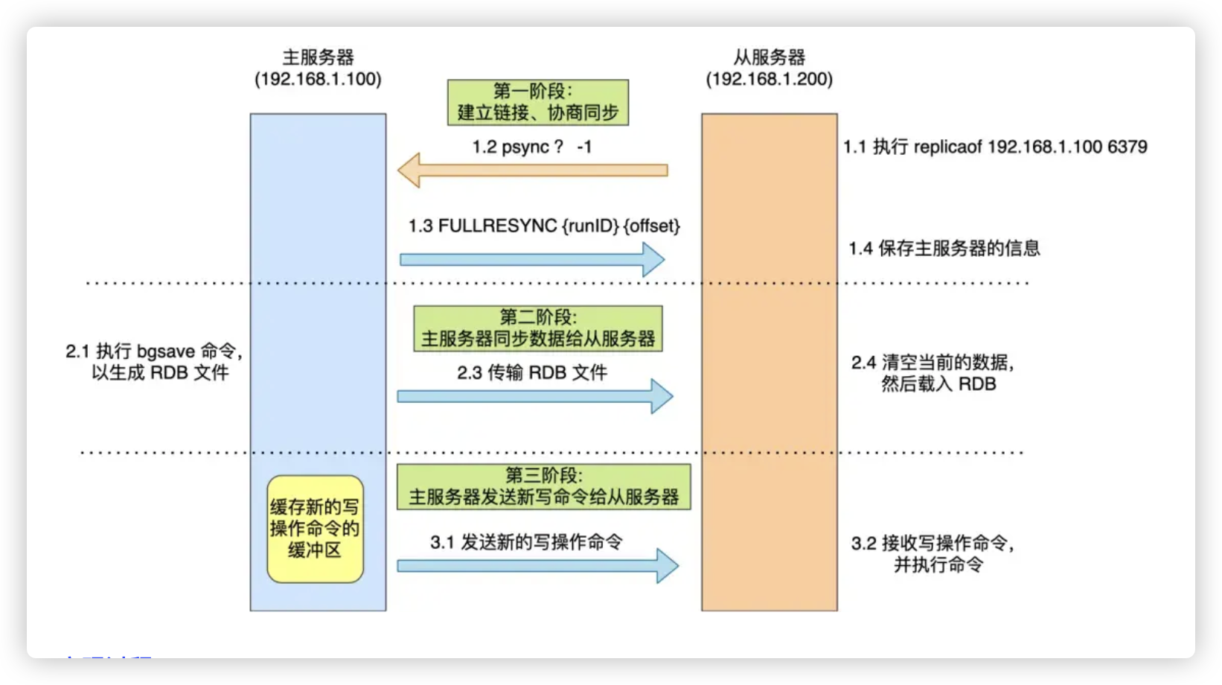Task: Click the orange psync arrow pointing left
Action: (532, 170)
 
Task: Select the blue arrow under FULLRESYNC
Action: (532, 260)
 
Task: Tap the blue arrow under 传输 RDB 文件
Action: (534, 396)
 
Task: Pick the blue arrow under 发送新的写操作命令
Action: (537, 566)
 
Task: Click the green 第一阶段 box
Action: (537, 102)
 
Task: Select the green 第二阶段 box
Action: (537, 328)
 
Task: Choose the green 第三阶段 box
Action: (543, 487)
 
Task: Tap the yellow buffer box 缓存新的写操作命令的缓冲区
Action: (315, 529)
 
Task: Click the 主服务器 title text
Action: (318, 57)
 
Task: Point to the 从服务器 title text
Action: (769, 57)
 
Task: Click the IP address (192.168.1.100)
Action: (318, 80)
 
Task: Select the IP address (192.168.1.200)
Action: (769, 80)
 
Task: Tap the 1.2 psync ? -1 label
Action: (531, 147)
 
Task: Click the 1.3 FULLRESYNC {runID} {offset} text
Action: (544, 226)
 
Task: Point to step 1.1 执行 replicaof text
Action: (995, 147)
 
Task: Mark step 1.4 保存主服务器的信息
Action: (944, 249)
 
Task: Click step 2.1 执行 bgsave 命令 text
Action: (154, 351)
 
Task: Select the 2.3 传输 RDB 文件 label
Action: (532, 372)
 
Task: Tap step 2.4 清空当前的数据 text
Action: (933, 363)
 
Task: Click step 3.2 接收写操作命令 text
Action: (933, 544)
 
